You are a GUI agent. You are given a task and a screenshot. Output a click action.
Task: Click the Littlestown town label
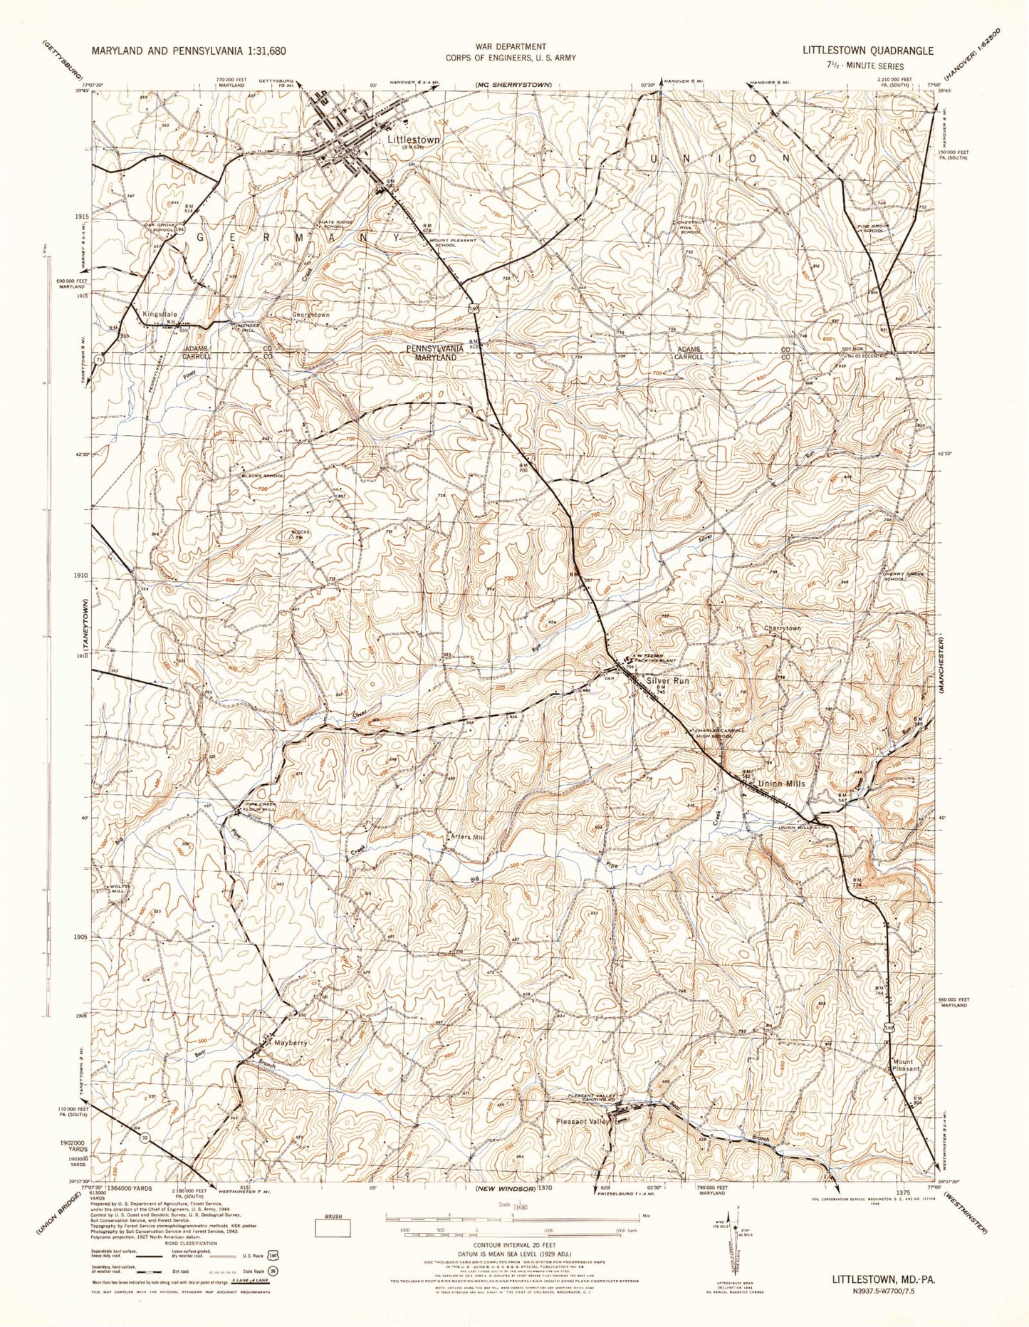[414, 140]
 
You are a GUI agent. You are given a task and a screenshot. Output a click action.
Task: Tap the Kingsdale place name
[160, 314]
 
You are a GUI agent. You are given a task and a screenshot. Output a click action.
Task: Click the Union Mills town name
[782, 783]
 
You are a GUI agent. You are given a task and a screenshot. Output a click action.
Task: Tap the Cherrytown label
[782, 628]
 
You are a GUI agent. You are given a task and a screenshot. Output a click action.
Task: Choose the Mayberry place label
[291, 1043]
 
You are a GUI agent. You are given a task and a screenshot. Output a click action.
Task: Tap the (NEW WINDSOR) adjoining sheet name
[506, 1190]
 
